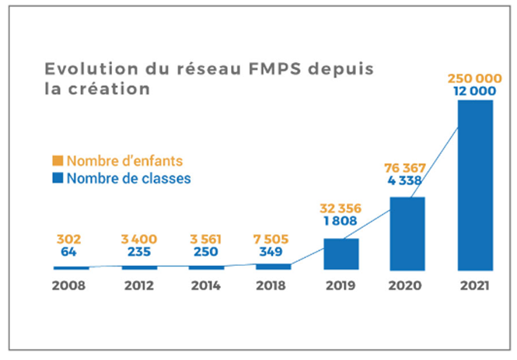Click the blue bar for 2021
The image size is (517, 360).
[x=475, y=184]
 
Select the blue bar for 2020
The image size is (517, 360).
[x=407, y=232]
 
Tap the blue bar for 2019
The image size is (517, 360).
[x=341, y=253]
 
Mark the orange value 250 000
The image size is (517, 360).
[x=475, y=79]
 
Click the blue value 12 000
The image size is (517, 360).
[x=475, y=92]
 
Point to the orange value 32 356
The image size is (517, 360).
[x=341, y=209]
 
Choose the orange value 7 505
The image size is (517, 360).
[x=273, y=239]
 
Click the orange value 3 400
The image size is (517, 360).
[x=139, y=239]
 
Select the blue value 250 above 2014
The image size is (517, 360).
[x=205, y=253]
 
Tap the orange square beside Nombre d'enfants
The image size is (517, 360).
[x=58, y=162]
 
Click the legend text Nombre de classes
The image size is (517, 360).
[x=128, y=179]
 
